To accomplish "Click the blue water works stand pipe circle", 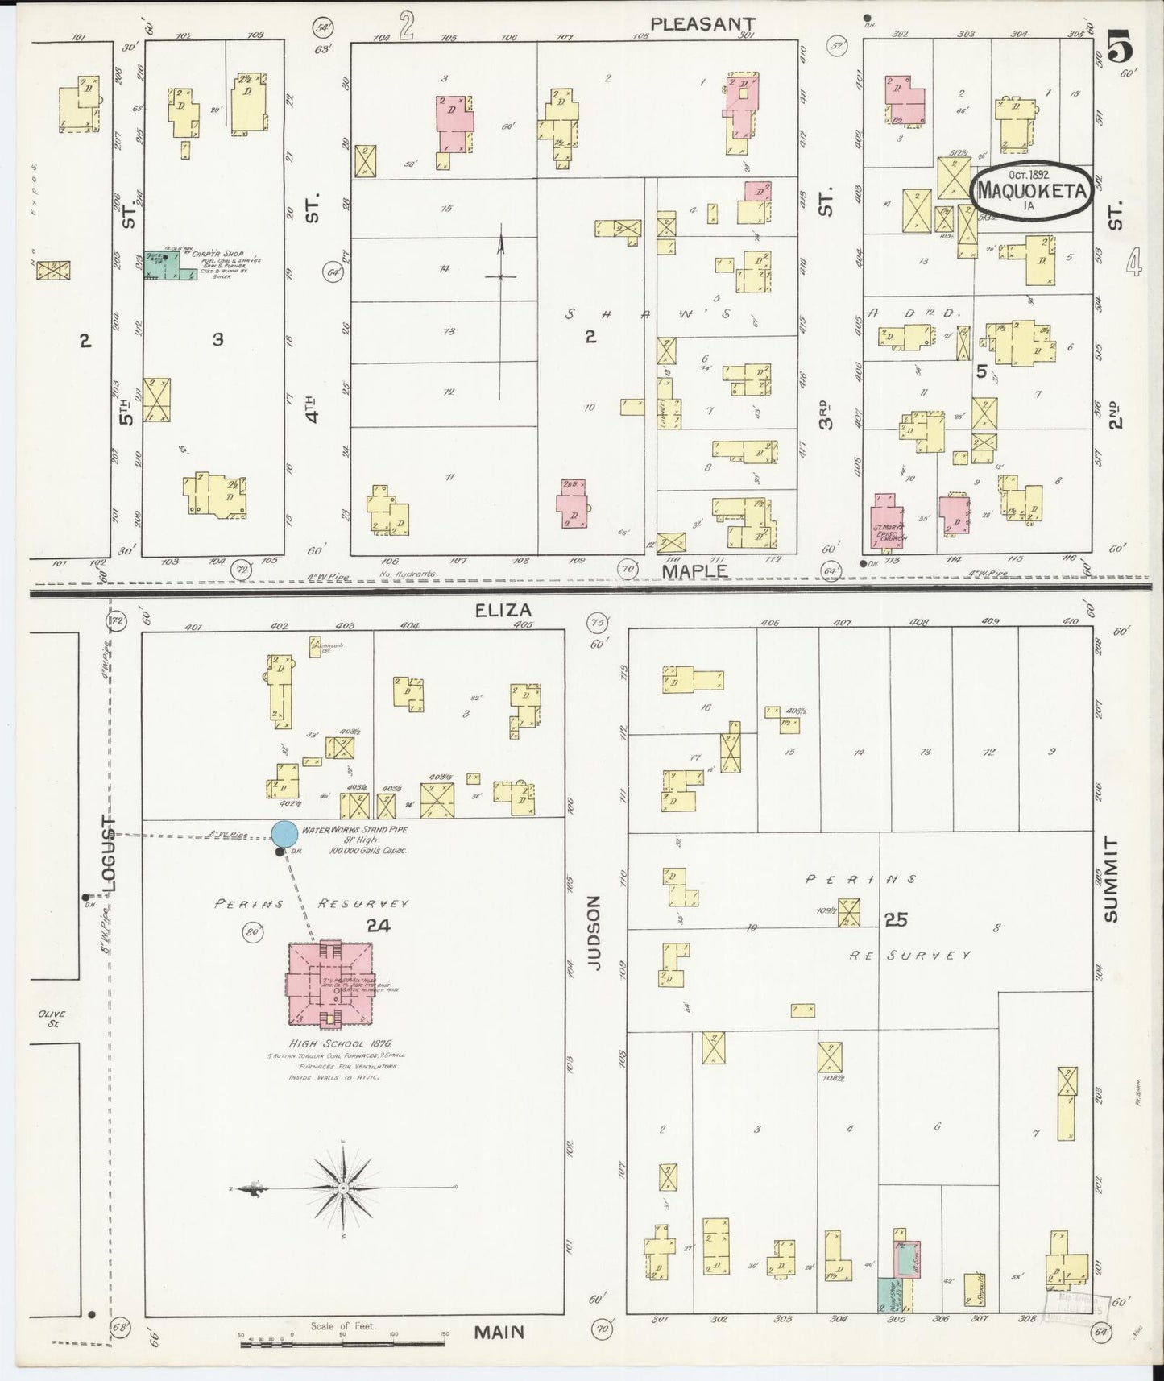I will pyautogui.click(x=283, y=834).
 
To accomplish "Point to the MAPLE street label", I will pyautogui.click(x=694, y=570).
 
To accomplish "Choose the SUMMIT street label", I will pyautogui.click(x=1112, y=879).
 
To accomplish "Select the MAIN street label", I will pyautogui.click(x=499, y=1332).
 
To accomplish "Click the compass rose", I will pyautogui.click(x=344, y=1188).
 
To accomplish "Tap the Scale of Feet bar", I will pyautogui.click(x=344, y=1335).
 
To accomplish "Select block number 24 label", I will pyautogui.click(x=378, y=926).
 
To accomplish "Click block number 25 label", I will pyautogui.click(x=896, y=919).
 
